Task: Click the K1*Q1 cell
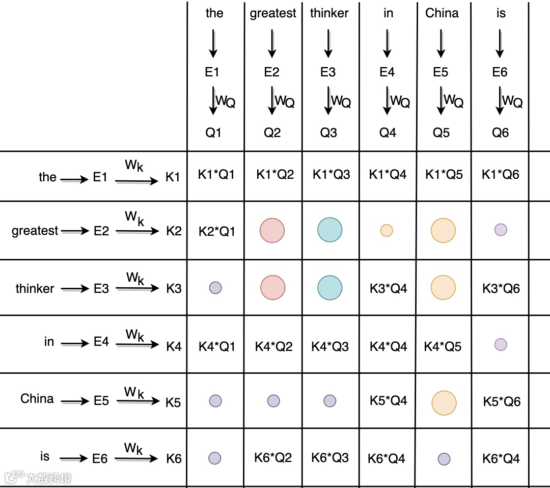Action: click(x=216, y=175)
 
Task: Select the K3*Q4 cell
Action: click(x=388, y=289)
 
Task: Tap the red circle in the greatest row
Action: click(x=272, y=230)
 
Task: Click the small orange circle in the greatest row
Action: click(x=387, y=230)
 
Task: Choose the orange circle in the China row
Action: click(x=444, y=402)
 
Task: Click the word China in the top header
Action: click(x=442, y=13)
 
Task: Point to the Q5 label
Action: click(x=442, y=133)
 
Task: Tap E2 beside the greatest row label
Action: click(x=101, y=231)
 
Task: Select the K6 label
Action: click(x=174, y=458)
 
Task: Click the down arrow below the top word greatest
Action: click(x=272, y=43)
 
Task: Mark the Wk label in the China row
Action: click(x=134, y=393)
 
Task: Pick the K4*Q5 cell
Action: click(x=443, y=347)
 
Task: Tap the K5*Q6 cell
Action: click(x=502, y=401)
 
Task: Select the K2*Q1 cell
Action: click(x=216, y=231)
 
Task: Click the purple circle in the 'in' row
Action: click(x=501, y=345)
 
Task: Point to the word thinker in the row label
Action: click(x=35, y=289)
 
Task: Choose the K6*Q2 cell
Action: click(x=273, y=457)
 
